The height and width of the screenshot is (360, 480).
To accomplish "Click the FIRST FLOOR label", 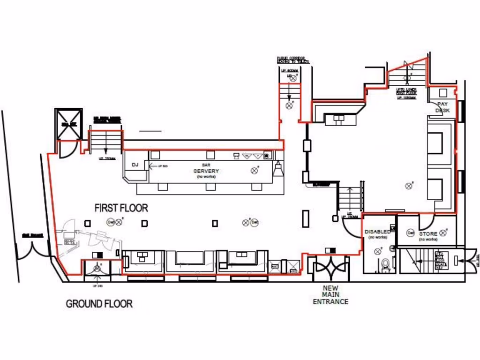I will point(121,208).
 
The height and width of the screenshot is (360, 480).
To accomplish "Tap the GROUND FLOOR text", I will point(99,303).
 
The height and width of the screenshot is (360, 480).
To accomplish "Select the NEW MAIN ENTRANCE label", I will point(330,295).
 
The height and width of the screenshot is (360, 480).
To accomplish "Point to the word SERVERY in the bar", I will point(206,171).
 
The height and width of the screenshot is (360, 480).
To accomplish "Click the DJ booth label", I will point(135,165).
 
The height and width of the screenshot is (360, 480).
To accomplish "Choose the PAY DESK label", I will point(442,107).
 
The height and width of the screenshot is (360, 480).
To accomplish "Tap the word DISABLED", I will point(377,232).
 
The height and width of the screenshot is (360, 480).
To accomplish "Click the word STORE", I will point(428,233).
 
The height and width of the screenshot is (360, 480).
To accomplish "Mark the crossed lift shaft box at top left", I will point(68,124).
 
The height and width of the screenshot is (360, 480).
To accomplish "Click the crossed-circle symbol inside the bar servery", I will point(255,170).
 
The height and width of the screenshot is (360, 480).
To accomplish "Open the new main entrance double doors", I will point(331,270).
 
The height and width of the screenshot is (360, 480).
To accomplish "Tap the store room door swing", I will point(427,221).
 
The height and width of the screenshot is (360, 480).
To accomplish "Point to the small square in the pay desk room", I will point(443,92).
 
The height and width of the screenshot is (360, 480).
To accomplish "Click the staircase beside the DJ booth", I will point(106,140).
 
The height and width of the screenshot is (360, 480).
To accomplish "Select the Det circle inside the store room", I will point(411,232).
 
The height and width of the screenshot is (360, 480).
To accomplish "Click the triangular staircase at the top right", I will point(408,73).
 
